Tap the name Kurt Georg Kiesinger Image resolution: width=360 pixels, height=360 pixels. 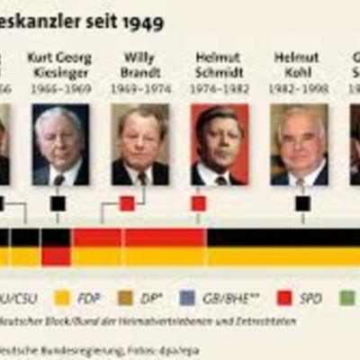tap(59, 64)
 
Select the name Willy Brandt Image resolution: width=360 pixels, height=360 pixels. tap(139, 64)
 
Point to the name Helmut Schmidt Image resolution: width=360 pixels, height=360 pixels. tap(217, 64)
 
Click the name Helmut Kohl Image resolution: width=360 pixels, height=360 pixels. tap(296, 64)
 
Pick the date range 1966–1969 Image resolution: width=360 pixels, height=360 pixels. tap(59, 90)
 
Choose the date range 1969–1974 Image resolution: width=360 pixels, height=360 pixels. tap(139, 90)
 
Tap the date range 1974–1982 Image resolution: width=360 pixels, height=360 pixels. tap(217, 90)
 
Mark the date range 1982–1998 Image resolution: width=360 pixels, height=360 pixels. tap(296, 90)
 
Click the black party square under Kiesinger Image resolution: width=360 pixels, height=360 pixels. tap(58, 203)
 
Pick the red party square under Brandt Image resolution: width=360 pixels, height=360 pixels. tap(127, 203)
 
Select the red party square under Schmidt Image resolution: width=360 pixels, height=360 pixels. tap(199, 203)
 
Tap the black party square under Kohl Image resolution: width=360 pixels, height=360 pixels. tap(302, 203)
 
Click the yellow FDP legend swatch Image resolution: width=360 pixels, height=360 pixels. tap(62, 297)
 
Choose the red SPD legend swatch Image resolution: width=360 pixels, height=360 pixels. tap(284, 297)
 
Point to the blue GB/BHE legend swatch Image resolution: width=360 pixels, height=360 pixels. tap(187, 297)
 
